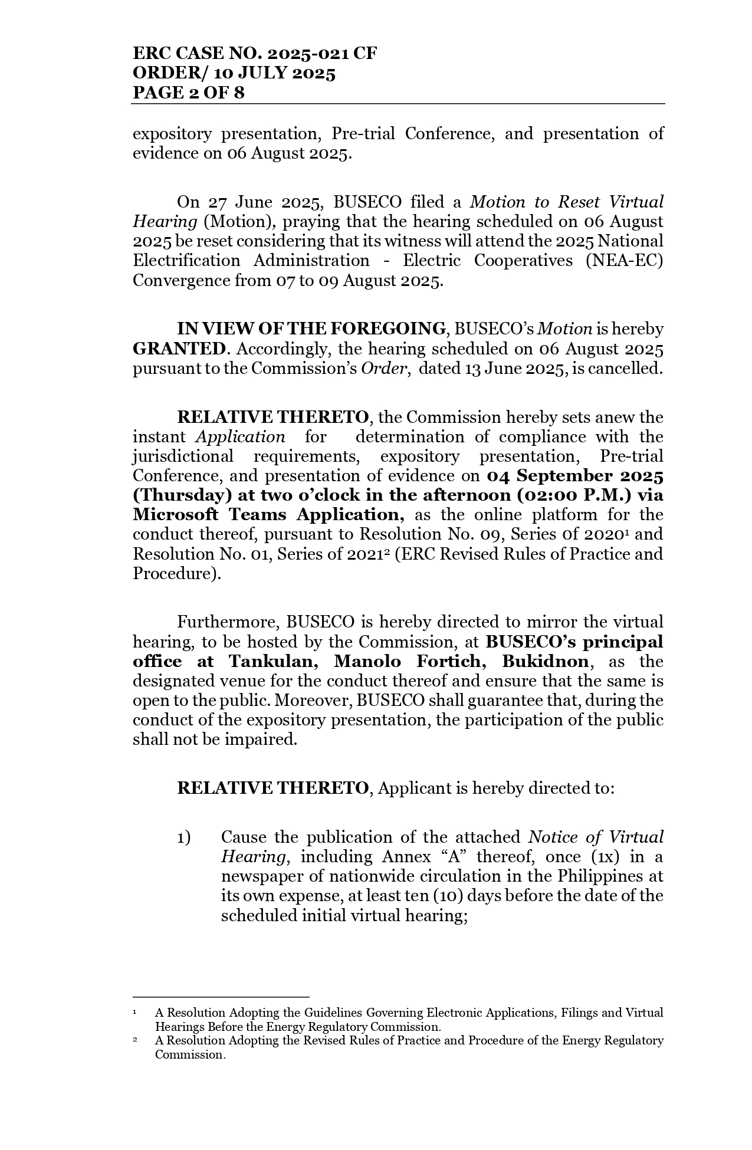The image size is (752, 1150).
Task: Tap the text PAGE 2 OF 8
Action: point(188,93)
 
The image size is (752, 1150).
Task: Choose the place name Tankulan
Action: point(274,661)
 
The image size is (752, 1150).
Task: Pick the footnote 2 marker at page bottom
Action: point(135,1040)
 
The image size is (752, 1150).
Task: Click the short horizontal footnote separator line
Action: point(221,997)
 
